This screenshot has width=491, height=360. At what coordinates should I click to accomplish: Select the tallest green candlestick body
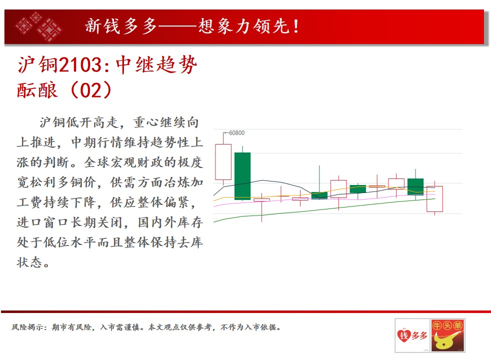(x=242, y=176)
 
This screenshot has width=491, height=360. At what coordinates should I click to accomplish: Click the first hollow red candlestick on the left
(x=223, y=162)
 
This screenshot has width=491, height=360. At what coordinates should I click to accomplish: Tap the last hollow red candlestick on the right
(x=434, y=199)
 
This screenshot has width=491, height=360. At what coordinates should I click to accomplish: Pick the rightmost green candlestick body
(x=415, y=186)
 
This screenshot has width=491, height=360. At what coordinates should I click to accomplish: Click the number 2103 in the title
(x=80, y=65)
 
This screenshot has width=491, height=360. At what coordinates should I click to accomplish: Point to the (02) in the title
(x=91, y=90)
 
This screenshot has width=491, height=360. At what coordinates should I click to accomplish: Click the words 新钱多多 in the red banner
(x=121, y=26)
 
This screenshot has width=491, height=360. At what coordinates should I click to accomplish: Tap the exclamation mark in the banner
(x=296, y=26)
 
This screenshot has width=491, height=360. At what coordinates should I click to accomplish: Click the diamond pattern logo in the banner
(x=38, y=26)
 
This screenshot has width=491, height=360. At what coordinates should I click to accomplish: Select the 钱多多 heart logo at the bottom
(x=412, y=335)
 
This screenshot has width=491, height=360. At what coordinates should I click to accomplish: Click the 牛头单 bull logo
(x=448, y=335)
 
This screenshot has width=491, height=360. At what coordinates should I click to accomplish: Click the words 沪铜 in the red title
(x=38, y=65)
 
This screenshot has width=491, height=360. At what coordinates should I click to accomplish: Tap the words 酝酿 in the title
(x=37, y=90)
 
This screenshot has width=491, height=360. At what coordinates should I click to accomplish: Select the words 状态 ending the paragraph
(x=29, y=262)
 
